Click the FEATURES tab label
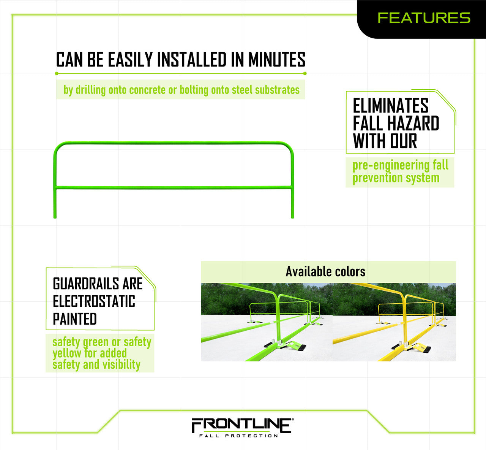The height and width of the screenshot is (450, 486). point(424,18)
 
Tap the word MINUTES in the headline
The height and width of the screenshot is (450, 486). point(277,60)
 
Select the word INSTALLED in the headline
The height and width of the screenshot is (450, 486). point(192,60)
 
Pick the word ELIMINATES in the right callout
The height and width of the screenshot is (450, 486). point(390,106)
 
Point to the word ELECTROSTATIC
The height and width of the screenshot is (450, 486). point(94,301)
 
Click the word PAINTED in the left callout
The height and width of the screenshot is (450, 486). point(75,319)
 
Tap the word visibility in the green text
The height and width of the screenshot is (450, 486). point(121,365)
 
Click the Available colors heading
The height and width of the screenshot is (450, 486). point(325,271)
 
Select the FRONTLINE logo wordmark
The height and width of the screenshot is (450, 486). point(242,425)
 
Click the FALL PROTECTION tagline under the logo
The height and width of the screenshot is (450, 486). point(239,436)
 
